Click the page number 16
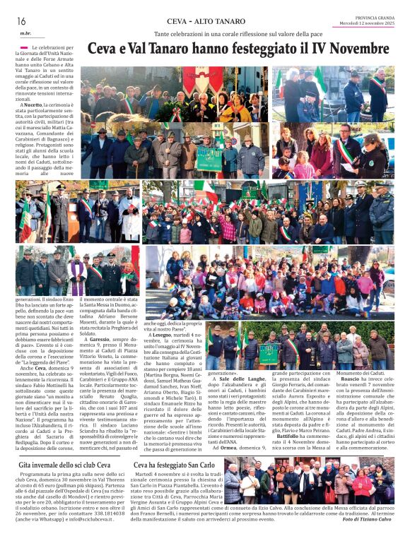click(x=22, y=21)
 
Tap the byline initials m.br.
click(x=25, y=34)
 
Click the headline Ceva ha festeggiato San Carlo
click(x=175, y=466)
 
